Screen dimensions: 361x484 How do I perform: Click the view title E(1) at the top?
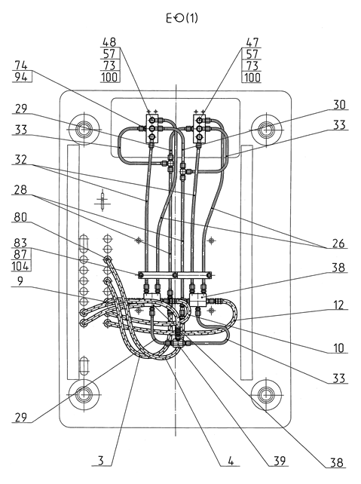click(x=182, y=19)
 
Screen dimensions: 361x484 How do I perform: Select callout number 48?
click(x=109, y=41)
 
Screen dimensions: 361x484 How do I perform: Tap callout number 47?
click(x=252, y=42)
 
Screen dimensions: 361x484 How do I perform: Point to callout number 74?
click(x=21, y=65)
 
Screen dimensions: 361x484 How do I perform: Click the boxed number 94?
click(x=22, y=77)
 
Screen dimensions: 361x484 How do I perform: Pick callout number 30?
click(x=339, y=105)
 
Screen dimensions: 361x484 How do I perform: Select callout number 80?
click(x=20, y=217)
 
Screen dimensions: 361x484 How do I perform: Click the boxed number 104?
click(x=20, y=266)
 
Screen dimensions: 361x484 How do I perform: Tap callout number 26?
click(x=338, y=244)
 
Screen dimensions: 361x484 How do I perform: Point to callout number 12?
click(x=338, y=305)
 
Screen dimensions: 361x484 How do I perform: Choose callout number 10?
click(x=339, y=348)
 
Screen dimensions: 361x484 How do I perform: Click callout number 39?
click(x=280, y=461)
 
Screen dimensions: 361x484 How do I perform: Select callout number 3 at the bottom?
click(x=101, y=461)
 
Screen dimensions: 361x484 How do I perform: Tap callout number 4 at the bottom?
click(x=231, y=461)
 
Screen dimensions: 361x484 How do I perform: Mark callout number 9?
click(x=20, y=281)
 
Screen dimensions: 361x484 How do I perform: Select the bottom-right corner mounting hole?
click(x=265, y=394)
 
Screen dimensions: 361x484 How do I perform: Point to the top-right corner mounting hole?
click(x=265, y=130)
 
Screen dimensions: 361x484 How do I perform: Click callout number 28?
click(x=20, y=189)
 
